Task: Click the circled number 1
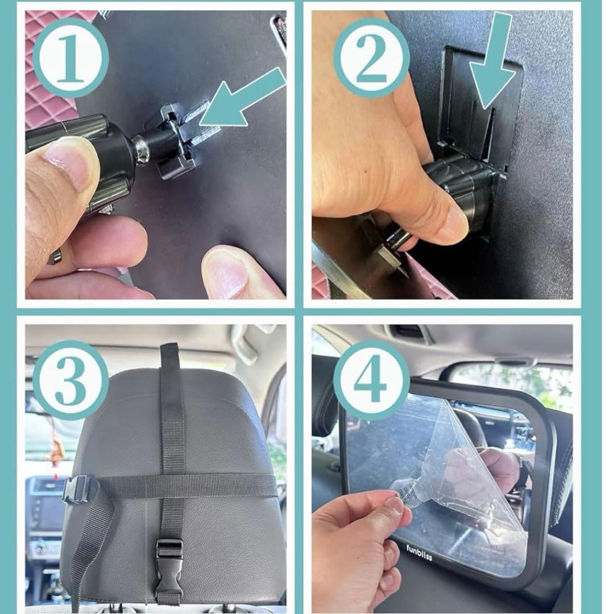coord(70,58)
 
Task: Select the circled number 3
coord(70,380)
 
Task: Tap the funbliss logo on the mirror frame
coord(419,552)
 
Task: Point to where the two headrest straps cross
coord(172,486)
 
